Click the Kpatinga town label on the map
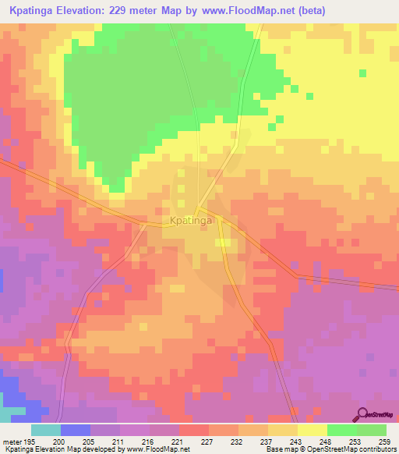pos(188,222)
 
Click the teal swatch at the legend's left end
pos(45,430)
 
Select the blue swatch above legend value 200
pos(75,430)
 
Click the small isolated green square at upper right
pos(362,73)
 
